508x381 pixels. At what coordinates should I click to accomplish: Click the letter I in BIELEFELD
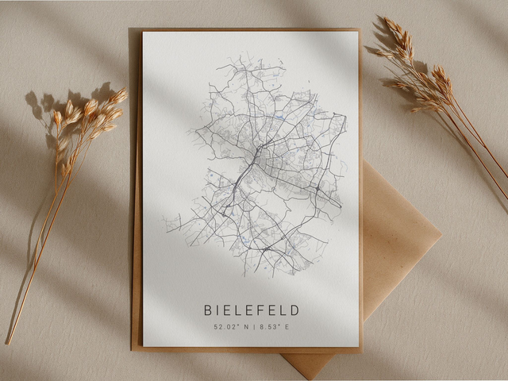(219, 310)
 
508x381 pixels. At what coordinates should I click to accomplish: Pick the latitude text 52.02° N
(231, 326)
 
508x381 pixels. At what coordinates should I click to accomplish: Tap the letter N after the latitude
(242, 326)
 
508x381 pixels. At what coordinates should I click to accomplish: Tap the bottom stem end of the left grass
(8, 342)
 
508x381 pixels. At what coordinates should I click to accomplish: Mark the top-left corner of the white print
(144, 33)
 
